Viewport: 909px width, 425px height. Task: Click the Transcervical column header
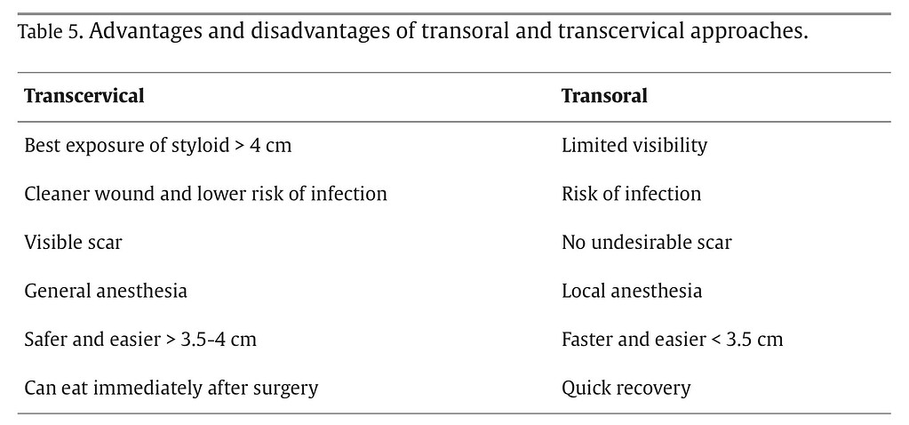84,96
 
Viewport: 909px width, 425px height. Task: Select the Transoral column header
604,96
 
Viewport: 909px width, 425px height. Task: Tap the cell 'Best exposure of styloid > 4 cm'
157,145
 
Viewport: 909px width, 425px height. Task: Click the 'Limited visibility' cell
634,145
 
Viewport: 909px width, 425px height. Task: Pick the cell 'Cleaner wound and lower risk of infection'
205,194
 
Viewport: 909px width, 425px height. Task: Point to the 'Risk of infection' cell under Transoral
631,194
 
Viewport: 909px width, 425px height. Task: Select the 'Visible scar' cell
73,242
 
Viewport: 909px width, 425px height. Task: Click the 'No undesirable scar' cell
646,242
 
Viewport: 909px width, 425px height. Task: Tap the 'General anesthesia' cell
106,291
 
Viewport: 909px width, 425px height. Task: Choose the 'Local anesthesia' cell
632,291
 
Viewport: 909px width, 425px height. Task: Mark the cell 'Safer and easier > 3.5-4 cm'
140,339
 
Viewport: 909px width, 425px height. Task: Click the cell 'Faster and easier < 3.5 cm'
672,339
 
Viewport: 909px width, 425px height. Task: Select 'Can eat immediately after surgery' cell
171,388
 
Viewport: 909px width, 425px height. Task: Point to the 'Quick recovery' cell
626,388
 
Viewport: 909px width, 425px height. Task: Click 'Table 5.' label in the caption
50,34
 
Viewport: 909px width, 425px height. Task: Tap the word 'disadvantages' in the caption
303,33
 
